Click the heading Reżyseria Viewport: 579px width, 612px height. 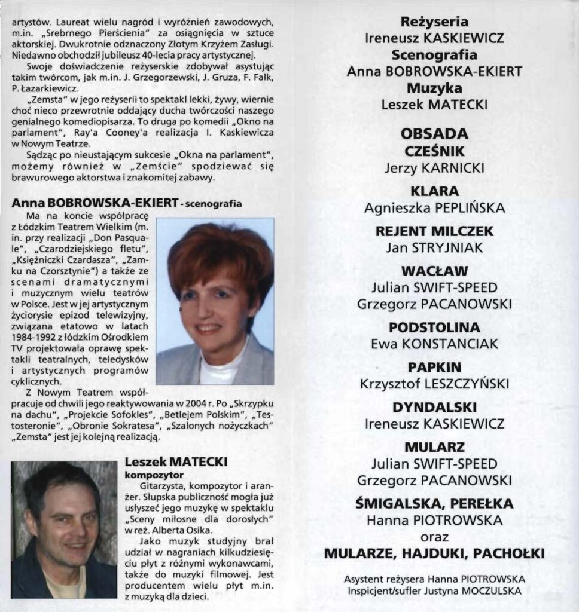(434, 22)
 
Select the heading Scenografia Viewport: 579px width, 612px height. (434, 55)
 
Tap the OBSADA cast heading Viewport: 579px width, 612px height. (434, 133)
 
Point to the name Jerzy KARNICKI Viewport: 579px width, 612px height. (434, 167)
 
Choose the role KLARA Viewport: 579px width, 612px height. (434, 191)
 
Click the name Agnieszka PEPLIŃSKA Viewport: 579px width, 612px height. (434, 208)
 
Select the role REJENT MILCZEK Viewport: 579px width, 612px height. (434, 231)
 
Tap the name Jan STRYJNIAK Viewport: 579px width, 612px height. (434, 247)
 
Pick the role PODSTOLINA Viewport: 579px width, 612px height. (434, 328)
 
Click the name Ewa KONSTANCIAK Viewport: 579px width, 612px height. (434, 344)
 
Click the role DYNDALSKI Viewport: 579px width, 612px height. (434, 408)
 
